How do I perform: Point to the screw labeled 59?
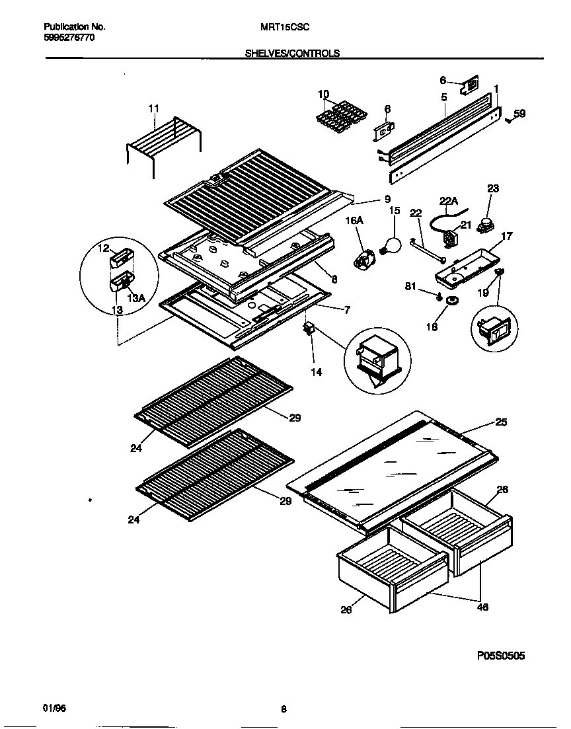click(509, 120)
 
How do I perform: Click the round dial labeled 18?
click(453, 302)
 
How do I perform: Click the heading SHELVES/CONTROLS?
click(292, 54)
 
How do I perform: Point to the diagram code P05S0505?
click(501, 656)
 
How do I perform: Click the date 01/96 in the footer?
click(55, 709)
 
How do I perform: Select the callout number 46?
click(482, 607)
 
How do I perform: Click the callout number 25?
click(501, 422)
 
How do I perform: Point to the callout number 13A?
click(135, 299)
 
